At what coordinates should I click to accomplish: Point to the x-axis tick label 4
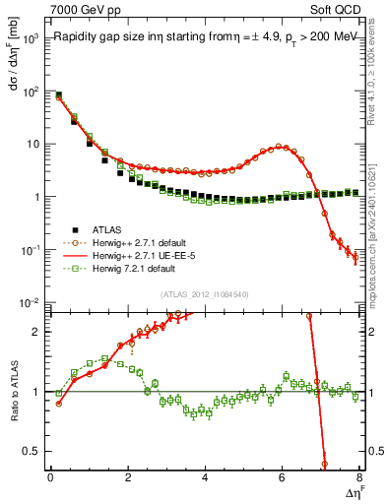[x=204, y=477]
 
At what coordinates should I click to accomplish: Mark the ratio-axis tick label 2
[x=36, y=332]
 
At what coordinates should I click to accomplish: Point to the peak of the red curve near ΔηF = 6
[x=284, y=146]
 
